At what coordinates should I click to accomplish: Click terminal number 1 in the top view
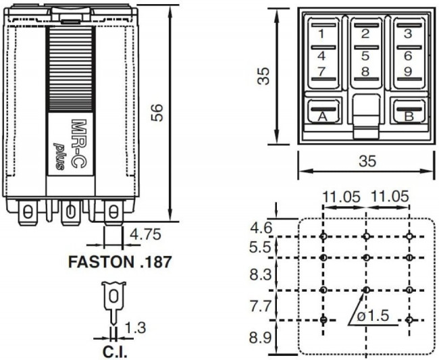321,34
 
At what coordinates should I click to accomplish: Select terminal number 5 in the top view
365,56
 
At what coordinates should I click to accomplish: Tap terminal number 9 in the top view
407,71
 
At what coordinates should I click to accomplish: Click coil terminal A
322,115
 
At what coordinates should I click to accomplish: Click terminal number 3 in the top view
407,34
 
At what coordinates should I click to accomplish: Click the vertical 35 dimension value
267,75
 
